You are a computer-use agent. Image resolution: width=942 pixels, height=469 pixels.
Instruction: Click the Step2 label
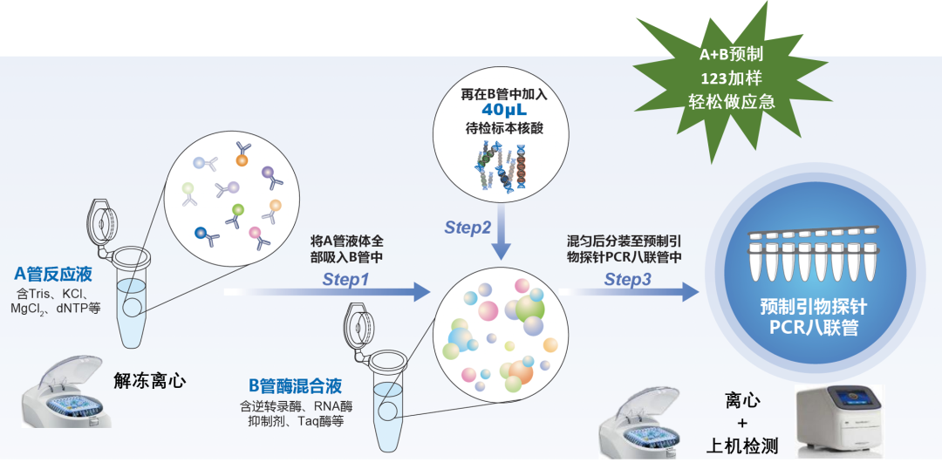(x=468, y=228)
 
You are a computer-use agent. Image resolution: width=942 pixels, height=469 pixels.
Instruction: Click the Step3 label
(x=628, y=280)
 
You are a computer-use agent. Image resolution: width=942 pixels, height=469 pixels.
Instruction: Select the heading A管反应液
(x=53, y=275)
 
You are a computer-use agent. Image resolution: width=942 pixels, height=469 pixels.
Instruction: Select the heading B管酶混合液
(x=295, y=385)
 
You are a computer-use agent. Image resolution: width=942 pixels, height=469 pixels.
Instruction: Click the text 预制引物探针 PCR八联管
(x=801, y=317)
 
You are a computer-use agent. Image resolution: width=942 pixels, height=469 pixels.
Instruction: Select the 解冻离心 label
(x=150, y=381)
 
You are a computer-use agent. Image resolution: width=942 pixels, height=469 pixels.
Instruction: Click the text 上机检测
(x=742, y=447)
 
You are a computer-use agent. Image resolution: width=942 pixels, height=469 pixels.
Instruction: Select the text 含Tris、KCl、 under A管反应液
(x=54, y=292)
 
